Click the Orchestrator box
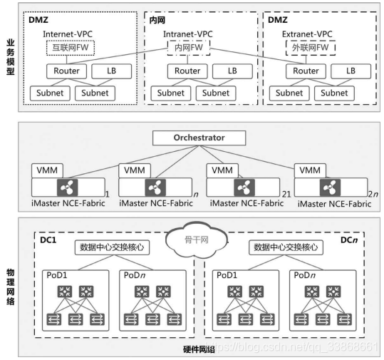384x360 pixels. [x=199, y=138]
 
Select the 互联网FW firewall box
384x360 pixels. [x=71, y=48]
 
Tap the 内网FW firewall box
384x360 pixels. [x=189, y=48]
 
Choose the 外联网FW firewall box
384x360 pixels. [x=311, y=48]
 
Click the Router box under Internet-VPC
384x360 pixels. [x=67, y=71]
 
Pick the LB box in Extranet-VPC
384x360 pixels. [x=351, y=71]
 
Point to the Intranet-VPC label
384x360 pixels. [x=188, y=34]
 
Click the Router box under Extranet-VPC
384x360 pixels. [x=306, y=71]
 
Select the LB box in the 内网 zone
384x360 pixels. [x=232, y=71]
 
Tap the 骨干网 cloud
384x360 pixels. [x=197, y=240]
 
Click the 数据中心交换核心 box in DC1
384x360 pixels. [x=112, y=247]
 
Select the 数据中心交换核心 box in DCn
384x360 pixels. [x=286, y=247]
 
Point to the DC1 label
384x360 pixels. [x=48, y=240]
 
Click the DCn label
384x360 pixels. [x=349, y=240]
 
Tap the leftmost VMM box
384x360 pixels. [x=47, y=170]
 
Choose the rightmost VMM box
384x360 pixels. [x=310, y=170]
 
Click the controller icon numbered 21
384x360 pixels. [x=244, y=187]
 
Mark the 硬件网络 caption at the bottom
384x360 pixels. [x=199, y=350]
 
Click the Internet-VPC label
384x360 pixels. [x=68, y=34]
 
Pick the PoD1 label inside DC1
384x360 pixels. [x=57, y=275]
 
